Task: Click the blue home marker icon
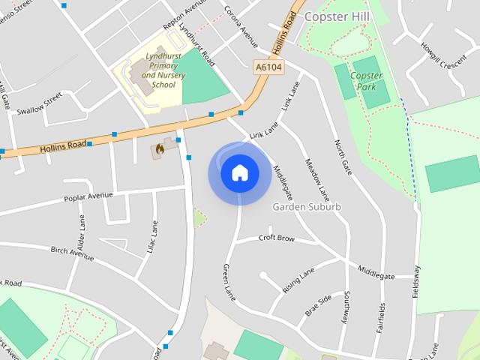pos(239,173)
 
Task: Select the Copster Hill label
pos(335,15)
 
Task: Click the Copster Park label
pos(367,81)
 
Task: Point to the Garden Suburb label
pos(307,206)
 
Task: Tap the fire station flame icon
pos(159,149)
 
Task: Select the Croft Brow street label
pos(277,238)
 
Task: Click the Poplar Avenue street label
pos(89,196)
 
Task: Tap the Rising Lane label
pos(298,280)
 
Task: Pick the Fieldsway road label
pos(417,282)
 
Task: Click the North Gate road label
pos(343,157)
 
